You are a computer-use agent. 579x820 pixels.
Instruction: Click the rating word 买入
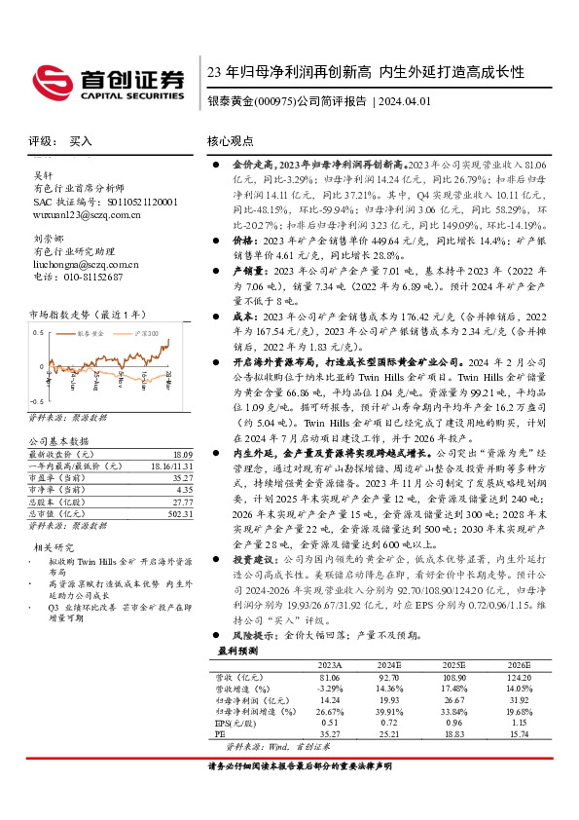[x=81, y=141]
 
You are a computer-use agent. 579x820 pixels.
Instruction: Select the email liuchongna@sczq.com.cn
[x=86, y=264]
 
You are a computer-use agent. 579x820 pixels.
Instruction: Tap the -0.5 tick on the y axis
[x=35, y=401]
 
